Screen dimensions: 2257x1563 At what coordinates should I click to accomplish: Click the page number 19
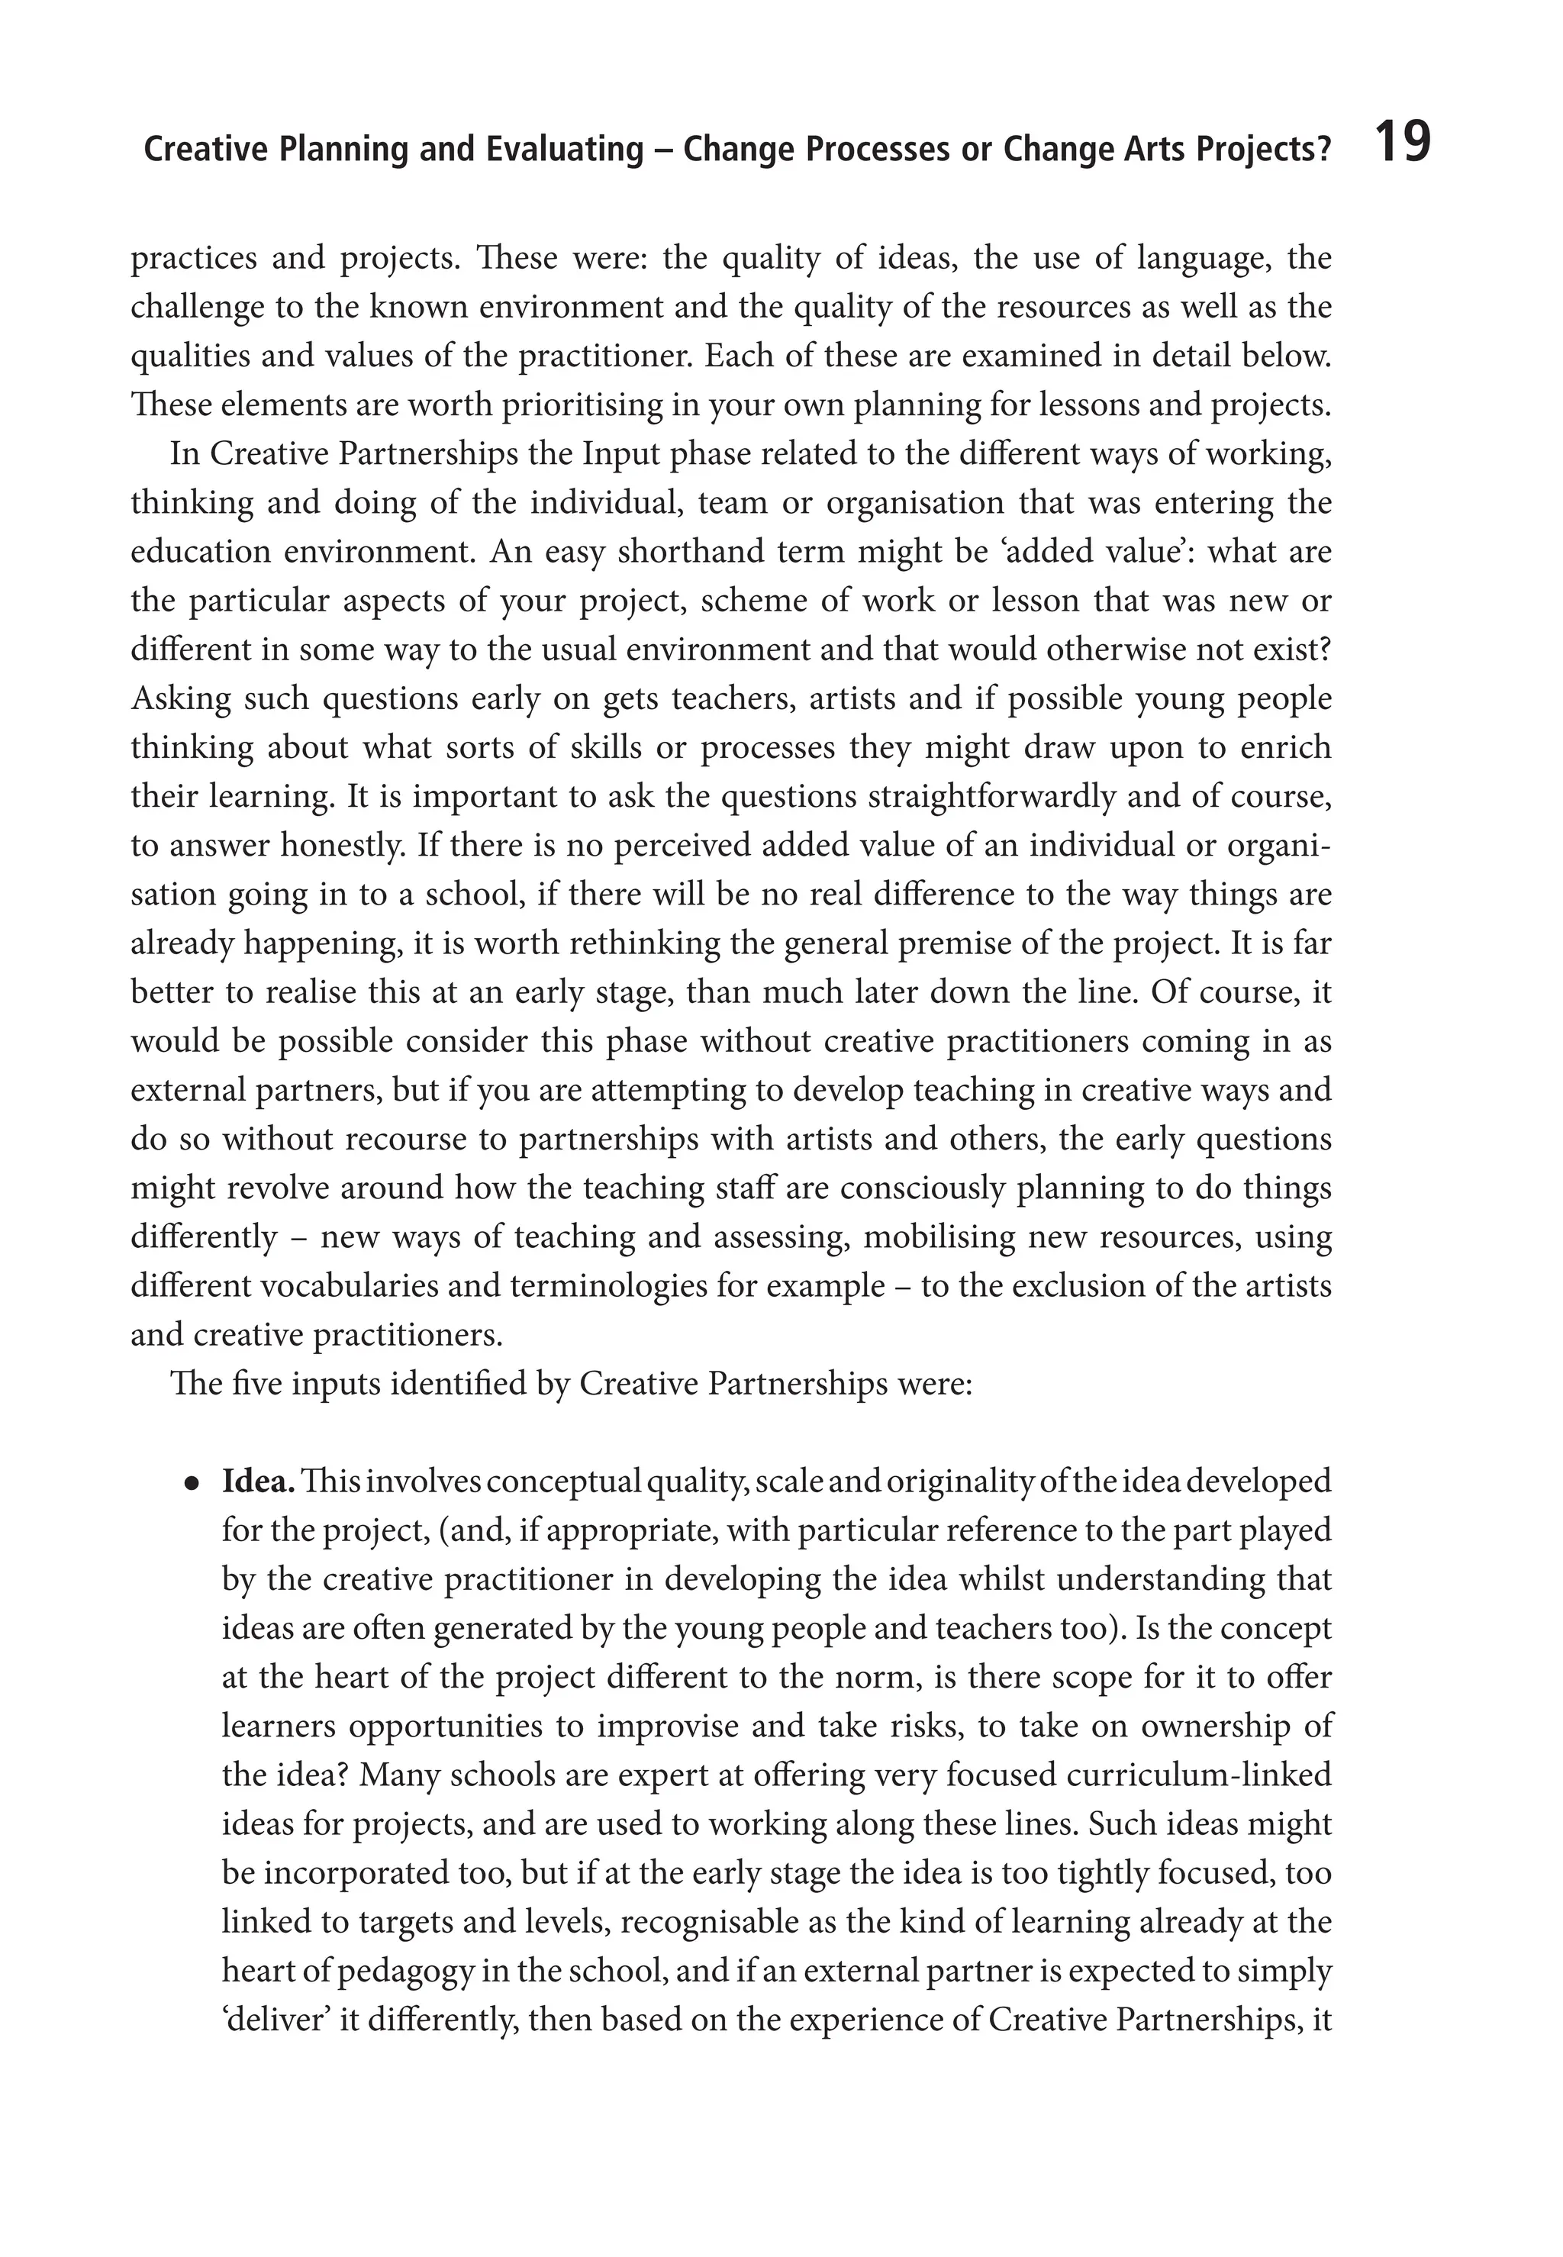tap(1403, 143)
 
